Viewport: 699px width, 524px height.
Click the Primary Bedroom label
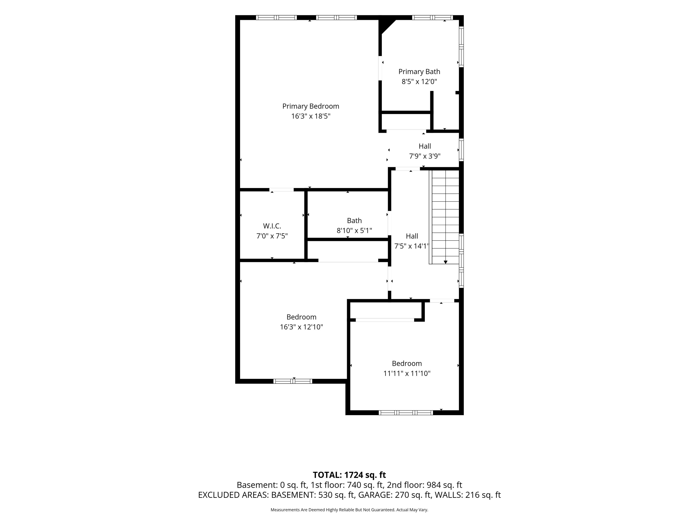(311, 106)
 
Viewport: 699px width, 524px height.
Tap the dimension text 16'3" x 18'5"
(311, 116)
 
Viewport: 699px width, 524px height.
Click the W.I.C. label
(272, 226)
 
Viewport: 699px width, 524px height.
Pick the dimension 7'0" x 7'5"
(272, 236)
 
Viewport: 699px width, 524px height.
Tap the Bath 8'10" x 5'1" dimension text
(354, 231)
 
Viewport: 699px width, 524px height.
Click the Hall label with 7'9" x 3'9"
(425, 146)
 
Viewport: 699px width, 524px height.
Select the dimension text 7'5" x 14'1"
(411, 246)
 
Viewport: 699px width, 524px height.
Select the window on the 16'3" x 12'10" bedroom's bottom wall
(293, 381)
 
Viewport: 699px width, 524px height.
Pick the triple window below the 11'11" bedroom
(406, 412)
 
